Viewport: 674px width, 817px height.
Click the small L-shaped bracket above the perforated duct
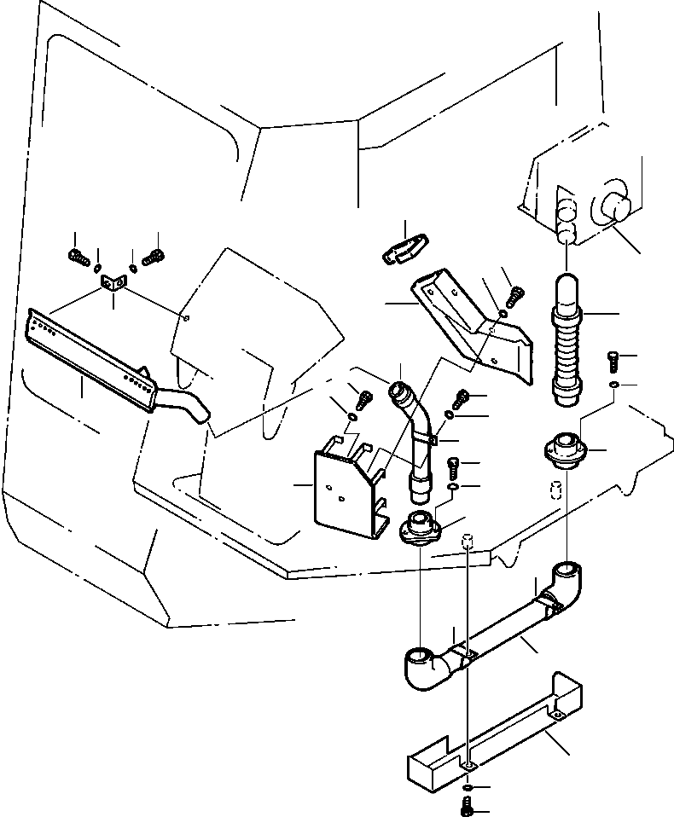(x=111, y=283)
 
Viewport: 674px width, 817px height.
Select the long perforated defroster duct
(x=90, y=354)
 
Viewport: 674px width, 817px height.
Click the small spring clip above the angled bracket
(x=404, y=244)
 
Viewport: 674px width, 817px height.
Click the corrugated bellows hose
(x=567, y=345)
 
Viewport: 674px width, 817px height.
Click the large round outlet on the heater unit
(x=610, y=208)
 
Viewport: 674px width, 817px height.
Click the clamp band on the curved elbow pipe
(x=433, y=440)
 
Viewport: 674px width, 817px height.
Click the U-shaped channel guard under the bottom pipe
(x=495, y=733)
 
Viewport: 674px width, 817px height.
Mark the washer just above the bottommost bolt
(x=468, y=785)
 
